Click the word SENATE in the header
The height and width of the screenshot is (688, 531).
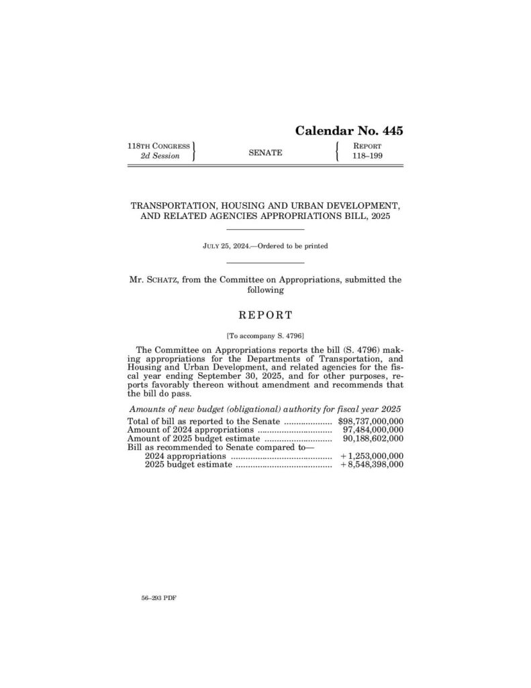(265, 153)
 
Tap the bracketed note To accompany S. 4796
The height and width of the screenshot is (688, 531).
(265, 335)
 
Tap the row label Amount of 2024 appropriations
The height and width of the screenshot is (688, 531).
(190, 430)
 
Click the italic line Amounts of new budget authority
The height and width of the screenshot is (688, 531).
(265, 410)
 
